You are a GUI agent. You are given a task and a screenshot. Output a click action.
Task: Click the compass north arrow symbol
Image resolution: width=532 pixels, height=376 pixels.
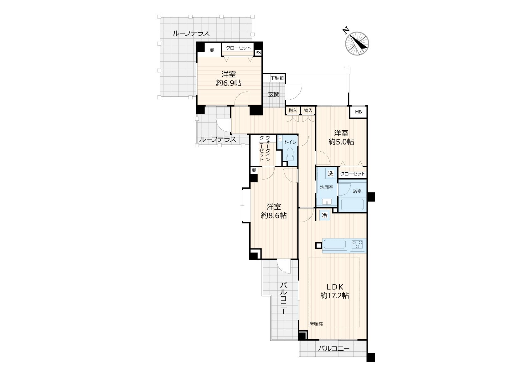[357, 43]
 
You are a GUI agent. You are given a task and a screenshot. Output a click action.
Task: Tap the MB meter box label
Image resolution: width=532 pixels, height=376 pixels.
[359, 112]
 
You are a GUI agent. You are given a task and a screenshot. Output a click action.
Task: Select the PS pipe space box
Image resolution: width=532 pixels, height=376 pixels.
[258, 53]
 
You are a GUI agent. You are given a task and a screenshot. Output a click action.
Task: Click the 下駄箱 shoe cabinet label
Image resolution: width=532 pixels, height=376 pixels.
[277, 78]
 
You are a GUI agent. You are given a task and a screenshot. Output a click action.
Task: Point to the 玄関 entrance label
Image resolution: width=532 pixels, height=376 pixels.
[274, 94]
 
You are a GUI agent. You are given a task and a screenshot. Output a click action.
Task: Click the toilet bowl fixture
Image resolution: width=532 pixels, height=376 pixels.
[290, 154]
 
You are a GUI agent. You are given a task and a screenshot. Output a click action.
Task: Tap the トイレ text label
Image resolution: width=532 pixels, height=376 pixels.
[290, 142]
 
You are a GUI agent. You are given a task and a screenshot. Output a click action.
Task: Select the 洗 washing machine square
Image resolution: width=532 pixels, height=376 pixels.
[331, 174]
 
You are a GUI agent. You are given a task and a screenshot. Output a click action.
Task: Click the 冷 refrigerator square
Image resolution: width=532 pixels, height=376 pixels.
[324, 216]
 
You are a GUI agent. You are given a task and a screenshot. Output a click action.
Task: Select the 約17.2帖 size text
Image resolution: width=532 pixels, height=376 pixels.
[334, 296]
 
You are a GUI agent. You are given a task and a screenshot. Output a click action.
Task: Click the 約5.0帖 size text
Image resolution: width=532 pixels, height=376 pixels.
[341, 142]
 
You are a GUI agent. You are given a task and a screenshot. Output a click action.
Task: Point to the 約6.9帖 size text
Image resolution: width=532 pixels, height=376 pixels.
[229, 83]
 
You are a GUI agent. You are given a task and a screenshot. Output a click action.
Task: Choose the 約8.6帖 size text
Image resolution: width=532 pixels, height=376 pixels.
[274, 215]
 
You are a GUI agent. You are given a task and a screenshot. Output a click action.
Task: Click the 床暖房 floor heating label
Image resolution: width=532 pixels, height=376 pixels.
[316, 324]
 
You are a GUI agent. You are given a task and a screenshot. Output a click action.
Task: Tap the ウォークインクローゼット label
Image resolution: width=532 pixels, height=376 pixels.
[264, 149]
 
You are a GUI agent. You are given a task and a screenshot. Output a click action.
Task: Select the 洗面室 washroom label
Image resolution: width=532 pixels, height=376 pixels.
[327, 187]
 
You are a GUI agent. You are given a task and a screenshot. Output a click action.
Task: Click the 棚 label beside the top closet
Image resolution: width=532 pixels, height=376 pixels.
[212, 50]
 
